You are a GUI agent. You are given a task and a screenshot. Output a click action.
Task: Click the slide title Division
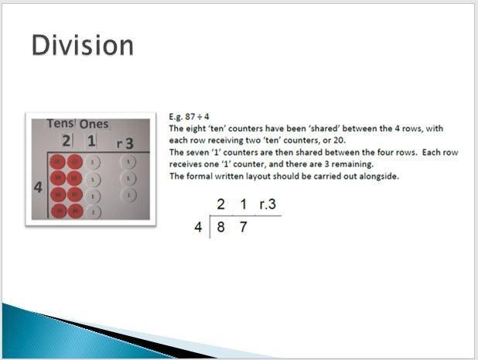tap(82, 45)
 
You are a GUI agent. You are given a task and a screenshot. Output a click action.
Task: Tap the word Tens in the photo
tap(60, 124)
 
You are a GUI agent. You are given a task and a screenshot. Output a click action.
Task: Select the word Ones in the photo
tap(94, 124)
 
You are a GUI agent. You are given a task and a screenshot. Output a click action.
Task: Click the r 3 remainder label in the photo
tap(125, 143)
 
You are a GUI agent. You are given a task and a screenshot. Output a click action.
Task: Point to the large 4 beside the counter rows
tap(38, 187)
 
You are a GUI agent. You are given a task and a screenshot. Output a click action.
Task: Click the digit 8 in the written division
tap(220, 227)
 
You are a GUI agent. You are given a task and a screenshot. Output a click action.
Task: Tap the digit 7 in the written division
tap(243, 227)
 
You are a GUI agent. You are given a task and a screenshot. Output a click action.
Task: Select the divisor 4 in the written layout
tap(198, 227)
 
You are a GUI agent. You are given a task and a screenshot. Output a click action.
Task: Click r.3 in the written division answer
tap(268, 204)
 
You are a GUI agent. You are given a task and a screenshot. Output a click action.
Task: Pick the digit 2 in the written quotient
tap(220, 204)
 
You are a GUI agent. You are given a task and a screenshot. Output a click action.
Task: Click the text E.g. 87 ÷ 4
tap(189, 117)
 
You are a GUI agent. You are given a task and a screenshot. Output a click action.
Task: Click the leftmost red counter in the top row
tap(57, 162)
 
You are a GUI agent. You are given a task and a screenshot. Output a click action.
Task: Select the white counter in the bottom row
tap(94, 211)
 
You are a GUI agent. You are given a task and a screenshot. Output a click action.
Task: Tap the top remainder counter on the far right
tap(128, 162)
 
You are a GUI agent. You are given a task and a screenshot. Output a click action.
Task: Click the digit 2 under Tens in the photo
tap(67, 141)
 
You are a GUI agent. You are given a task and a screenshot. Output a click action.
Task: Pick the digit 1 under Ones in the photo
tap(91, 141)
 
